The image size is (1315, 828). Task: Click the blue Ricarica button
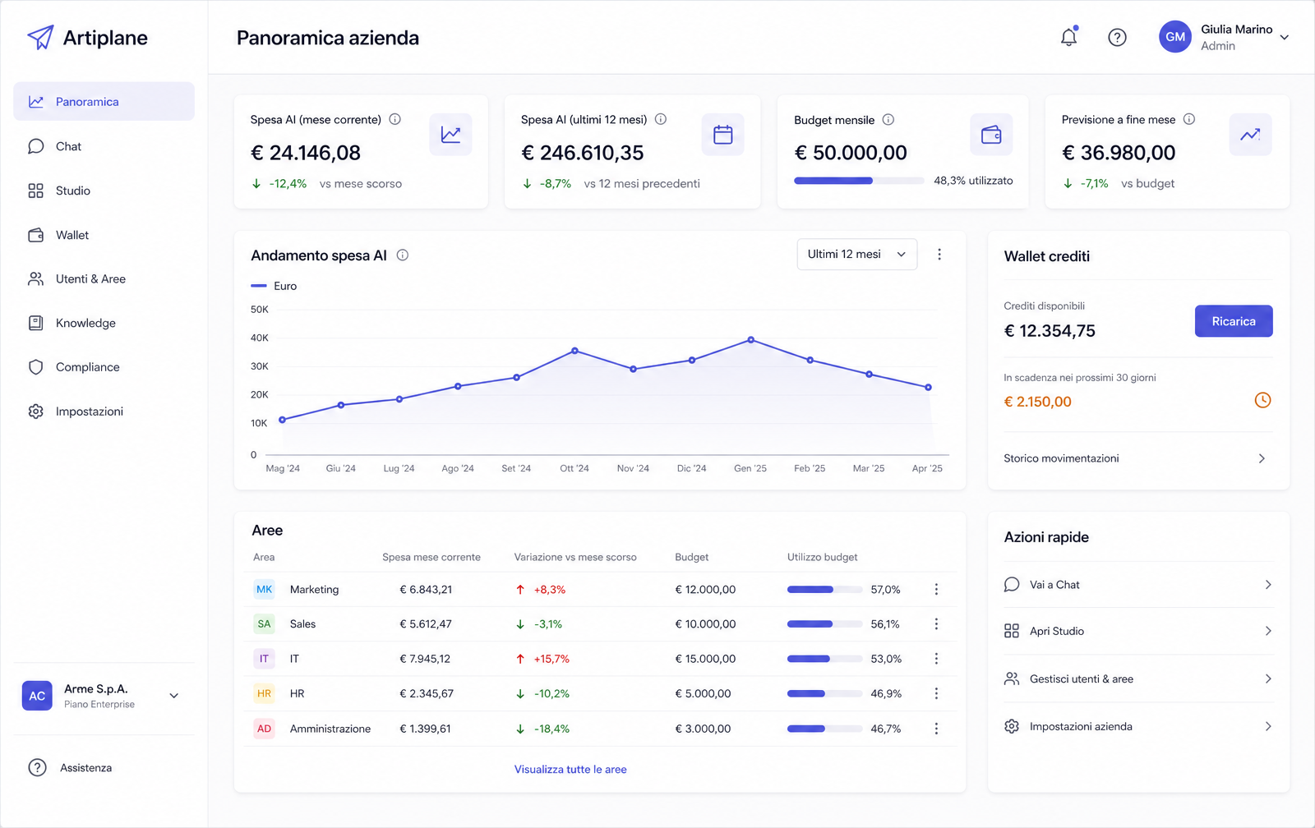pos(1234,321)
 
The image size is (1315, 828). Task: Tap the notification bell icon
pos(1068,37)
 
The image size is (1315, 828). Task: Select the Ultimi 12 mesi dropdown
pos(856,254)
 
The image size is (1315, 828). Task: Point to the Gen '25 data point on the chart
pos(751,340)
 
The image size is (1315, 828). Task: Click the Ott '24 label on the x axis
pos(574,468)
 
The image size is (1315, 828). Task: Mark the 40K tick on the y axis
pos(260,338)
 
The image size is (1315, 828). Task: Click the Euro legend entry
pos(275,286)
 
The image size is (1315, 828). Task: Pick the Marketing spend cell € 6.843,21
pos(426,589)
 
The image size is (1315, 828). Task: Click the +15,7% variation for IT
pos(551,659)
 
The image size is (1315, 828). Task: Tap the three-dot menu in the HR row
pos(936,693)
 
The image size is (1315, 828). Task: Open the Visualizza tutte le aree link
pos(570,769)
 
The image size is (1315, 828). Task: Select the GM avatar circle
pos(1174,37)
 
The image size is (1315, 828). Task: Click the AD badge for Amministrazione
pos(264,729)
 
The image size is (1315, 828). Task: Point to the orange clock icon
pos(1262,400)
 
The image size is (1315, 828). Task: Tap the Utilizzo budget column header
pos(822,557)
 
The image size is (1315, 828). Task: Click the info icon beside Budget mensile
pos(888,120)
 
